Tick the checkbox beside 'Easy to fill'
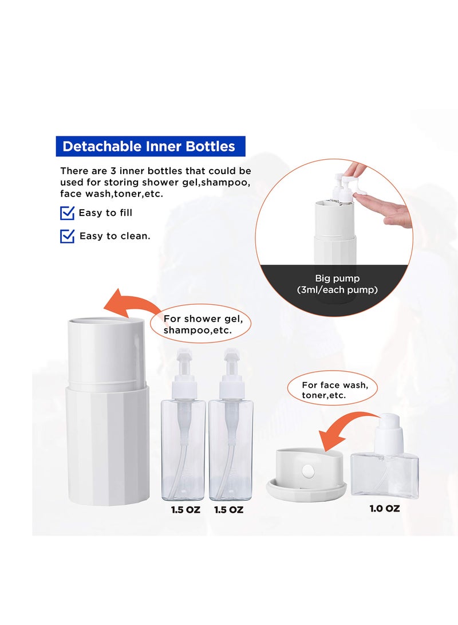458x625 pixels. pyautogui.click(x=68, y=213)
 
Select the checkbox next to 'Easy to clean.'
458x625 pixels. pyautogui.click(x=68, y=236)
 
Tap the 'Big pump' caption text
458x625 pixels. pyautogui.click(x=337, y=278)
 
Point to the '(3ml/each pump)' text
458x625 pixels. pyautogui.click(x=337, y=290)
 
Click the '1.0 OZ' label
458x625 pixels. pyautogui.click(x=385, y=508)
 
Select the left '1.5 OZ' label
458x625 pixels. pyautogui.click(x=185, y=509)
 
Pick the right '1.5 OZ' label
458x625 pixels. pyautogui.click(x=229, y=509)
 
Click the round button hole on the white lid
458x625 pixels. pyautogui.click(x=308, y=471)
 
